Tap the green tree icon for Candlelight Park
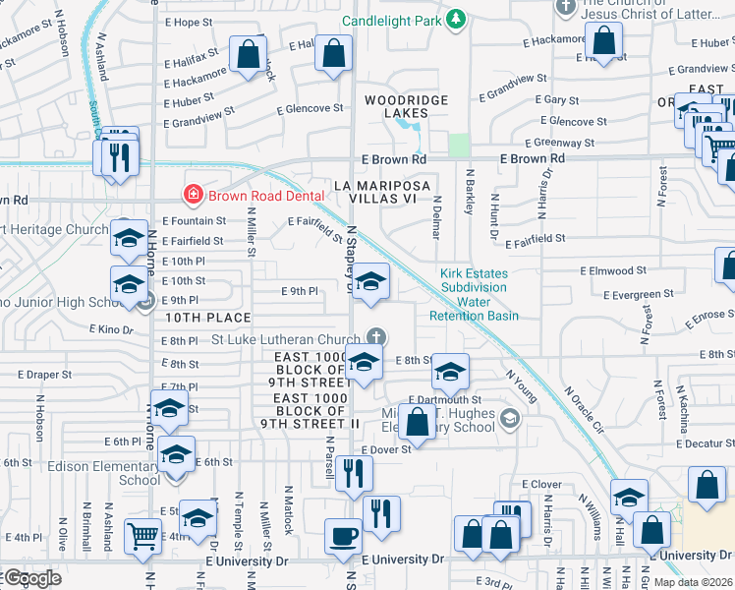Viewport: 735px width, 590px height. click(x=455, y=18)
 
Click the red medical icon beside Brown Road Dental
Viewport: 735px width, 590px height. click(x=194, y=195)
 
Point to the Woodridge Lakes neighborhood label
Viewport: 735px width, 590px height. click(x=406, y=107)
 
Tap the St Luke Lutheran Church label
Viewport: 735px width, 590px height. click(x=289, y=339)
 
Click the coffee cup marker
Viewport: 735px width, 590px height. click(x=343, y=536)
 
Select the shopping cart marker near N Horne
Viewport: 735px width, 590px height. click(x=143, y=536)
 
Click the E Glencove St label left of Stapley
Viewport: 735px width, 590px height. click(x=309, y=110)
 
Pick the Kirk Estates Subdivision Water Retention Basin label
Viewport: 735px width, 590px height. click(x=473, y=294)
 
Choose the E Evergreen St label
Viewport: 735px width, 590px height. click(x=639, y=293)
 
